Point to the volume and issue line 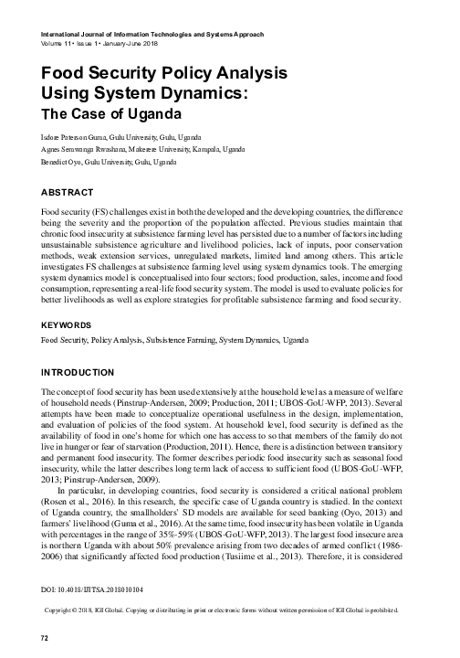click(x=99, y=43)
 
